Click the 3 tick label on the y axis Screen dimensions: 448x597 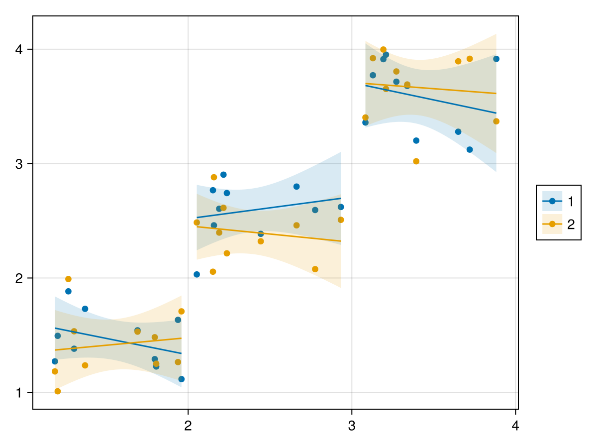[x=19, y=164]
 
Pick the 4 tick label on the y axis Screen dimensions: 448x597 [x=19, y=49]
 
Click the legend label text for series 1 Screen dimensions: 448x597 [x=571, y=202]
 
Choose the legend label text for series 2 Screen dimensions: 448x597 [x=571, y=224]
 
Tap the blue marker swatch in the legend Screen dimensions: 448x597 [x=552, y=202]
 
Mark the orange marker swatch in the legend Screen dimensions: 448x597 [x=552, y=224]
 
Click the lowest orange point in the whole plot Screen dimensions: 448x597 [x=58, y=391]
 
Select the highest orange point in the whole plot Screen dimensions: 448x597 [x=383, y=50]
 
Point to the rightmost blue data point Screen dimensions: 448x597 [x=496, y=59]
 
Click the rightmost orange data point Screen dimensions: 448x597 [x=496, y=121]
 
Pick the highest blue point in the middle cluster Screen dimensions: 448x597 [x=223, y=175]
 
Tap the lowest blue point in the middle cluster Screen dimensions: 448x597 [x=197, y=274]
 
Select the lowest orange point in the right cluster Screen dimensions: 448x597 [x=416, y=161]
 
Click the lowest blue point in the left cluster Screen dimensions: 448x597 [x=182, y=379]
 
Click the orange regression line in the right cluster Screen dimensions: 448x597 [x=431, y=88]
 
